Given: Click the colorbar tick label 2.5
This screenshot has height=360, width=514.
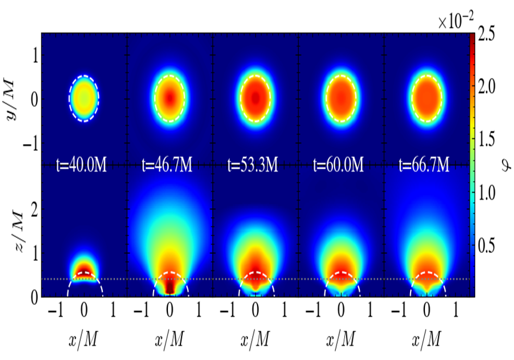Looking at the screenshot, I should click(x=491, y=36).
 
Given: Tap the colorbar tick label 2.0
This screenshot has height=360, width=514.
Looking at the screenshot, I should click(x=491, y=87).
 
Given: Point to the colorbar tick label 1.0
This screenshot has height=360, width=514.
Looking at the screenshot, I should click(x=491, y=193).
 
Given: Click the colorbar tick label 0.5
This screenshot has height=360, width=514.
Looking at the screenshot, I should click(x=491, y=245).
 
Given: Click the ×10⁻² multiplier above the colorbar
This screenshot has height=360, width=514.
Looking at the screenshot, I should click(x=455, y=21).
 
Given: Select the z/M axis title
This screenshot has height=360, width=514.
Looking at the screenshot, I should click(x=13, y=230).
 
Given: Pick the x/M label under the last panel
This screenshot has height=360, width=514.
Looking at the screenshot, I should click(x=426, y=340).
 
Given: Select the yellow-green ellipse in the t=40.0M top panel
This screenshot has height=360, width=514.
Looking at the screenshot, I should click(x=84, y=98).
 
